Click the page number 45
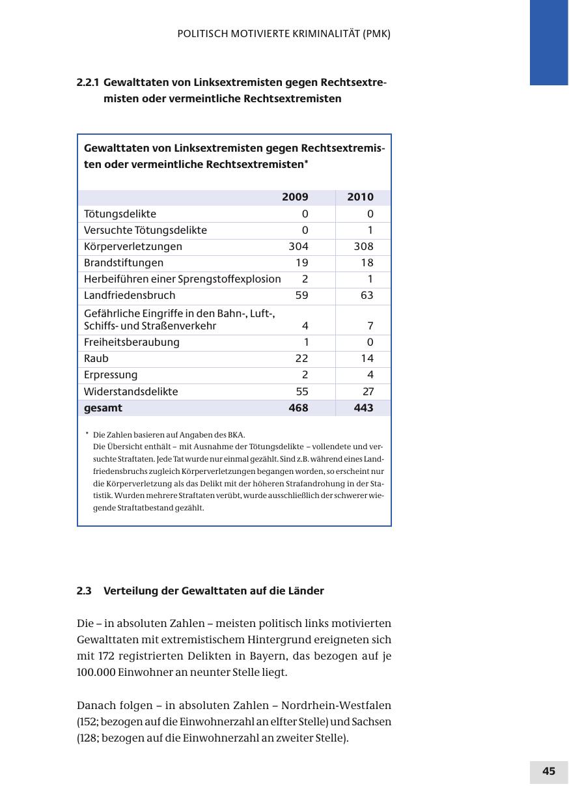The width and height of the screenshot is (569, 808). click(x=548, y=772)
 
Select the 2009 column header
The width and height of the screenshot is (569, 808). click(x=295, y=197)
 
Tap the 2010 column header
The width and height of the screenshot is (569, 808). click(x=360, y=197)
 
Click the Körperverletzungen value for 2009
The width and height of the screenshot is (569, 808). click(x=298, y=246)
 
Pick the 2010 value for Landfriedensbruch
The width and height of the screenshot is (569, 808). click(x=367, y=295)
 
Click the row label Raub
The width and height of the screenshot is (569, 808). click(x=96, y=358)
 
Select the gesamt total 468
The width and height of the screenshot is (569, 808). click(x=298, y=408)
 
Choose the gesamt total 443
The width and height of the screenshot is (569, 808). click(x=363, y=408)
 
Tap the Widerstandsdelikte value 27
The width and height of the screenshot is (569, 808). click(x=368, y=391)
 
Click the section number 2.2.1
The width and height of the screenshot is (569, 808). click(x=88, y=83)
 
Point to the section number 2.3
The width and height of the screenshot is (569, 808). click(x=84, y=591)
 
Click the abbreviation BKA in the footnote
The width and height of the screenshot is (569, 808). click(x=236, y=434)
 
